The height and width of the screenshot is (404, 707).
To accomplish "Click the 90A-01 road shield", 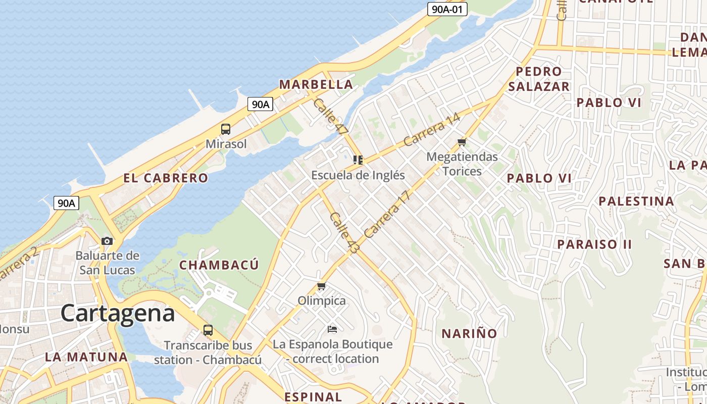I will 447,9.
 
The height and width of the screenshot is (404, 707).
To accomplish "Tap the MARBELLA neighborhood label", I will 316,84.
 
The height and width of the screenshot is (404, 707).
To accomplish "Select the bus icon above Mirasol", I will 226,129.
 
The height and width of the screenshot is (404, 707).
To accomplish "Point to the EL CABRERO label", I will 166,178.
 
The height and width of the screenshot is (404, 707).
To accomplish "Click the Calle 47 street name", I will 331,116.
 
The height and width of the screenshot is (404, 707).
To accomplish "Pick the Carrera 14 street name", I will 432,130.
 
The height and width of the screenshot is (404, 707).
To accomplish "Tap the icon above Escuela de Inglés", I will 358,161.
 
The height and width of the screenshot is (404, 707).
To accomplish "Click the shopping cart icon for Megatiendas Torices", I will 462,142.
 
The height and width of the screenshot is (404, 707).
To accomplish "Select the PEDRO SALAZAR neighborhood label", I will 539,79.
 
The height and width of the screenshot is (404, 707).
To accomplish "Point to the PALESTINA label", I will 636,201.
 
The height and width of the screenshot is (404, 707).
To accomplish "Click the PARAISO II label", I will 594,244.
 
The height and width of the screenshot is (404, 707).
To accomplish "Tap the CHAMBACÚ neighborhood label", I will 219,265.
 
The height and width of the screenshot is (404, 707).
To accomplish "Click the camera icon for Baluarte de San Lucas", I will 107,241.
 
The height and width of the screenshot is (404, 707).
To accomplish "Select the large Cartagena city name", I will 118,313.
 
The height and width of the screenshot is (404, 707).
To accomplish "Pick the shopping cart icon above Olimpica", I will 321,286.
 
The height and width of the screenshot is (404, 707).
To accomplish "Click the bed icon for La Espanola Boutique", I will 332,329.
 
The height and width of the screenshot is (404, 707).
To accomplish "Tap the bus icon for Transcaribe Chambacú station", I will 208,330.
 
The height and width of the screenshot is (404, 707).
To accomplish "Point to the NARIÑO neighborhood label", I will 469,333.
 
